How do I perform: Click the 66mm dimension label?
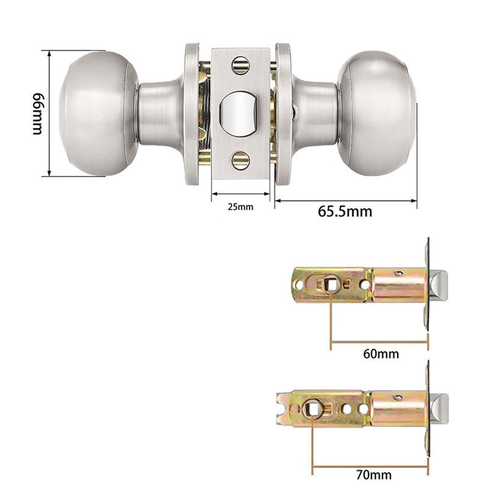click(x=38, y=113)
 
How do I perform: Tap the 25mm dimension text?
click(x=240, y=207)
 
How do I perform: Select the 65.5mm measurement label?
click(x=345, y=211)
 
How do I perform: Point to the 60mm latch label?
click(x=381, y=354)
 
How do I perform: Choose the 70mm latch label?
click(x=374, y=475)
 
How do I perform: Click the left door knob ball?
click(x=99, y=113)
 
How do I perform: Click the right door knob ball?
click(x=376, y=113)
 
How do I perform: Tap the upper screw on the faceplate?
click(x=241, y=65)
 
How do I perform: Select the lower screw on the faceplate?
click(x=241, y=161)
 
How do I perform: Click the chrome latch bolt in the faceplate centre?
click(x=239, y=114)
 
